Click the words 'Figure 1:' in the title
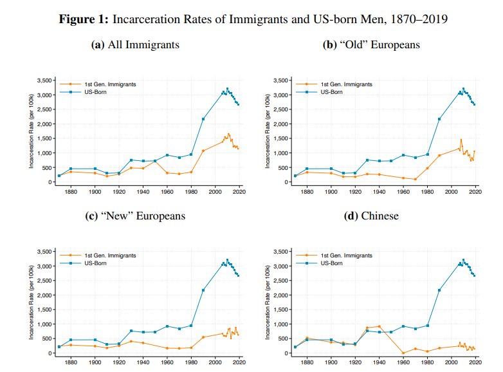(x=84, y=19)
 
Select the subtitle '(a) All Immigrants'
(x=135, y=44)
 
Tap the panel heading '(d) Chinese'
(x=371, y=216)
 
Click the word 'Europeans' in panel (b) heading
(x=395, y=44)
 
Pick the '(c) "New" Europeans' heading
(x=135, y=216)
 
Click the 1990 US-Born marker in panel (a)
(x=203, y=119)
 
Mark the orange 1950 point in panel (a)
(x=155, y=161)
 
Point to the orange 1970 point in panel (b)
(x=415, y=179)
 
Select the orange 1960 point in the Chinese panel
(x=403, y=353)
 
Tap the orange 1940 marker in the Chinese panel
(x=379, y=326)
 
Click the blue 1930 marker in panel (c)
(x=131, y=331)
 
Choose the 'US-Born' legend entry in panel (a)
(x=95, y=92)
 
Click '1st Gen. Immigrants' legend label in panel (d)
(x=347, y=256)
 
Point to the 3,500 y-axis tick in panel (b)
(x=282, y=80)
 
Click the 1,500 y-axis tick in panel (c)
(x=46, y=310)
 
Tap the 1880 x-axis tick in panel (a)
(x=71, y=192)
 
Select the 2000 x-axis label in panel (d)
(x=452, y=362)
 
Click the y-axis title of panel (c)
(x=31, y=302)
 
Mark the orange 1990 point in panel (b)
(x=439, y=155)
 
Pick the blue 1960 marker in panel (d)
(x=403, y=326)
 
